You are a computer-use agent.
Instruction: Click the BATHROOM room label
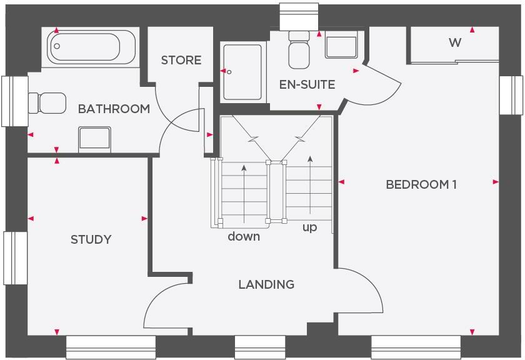(114, 109)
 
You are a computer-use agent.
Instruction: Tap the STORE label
(181, 60)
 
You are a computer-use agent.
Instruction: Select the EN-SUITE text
(307, 84)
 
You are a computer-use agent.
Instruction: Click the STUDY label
(91, 239)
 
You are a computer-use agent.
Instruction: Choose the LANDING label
(266, 284)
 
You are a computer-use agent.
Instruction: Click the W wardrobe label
(455, 42)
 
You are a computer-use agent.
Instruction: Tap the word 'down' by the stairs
(244, 236)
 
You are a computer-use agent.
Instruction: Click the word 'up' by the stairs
(310, 227)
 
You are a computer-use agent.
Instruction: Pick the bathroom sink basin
(94, 138)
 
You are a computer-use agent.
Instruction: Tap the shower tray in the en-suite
(242, 72)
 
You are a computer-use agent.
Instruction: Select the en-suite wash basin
(341, 46)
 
